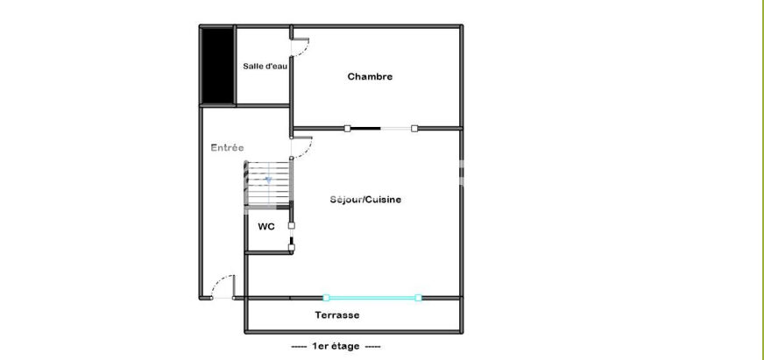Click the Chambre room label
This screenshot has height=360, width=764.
[370, 76]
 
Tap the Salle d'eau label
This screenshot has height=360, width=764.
[265, 67]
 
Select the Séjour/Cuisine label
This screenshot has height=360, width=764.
[365, 199]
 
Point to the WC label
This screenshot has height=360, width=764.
[266, 227]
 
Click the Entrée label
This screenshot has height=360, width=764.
[227, 148]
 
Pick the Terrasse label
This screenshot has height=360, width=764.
[337, 315]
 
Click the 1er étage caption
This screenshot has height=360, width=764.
[336, 346]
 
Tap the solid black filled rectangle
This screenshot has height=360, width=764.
[217, 66]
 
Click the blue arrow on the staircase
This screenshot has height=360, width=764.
[268, 180]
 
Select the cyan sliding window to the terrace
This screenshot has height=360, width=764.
[372, 298]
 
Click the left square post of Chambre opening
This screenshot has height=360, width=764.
[348, 129]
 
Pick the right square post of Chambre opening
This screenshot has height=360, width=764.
[414, 129]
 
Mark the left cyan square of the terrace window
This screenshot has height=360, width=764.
[327, 298]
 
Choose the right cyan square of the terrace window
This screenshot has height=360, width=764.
[418, 298]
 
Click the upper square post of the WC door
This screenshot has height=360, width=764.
[292, 226]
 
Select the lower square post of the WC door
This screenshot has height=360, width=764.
[292, 248]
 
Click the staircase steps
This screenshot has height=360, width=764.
[267, 185]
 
